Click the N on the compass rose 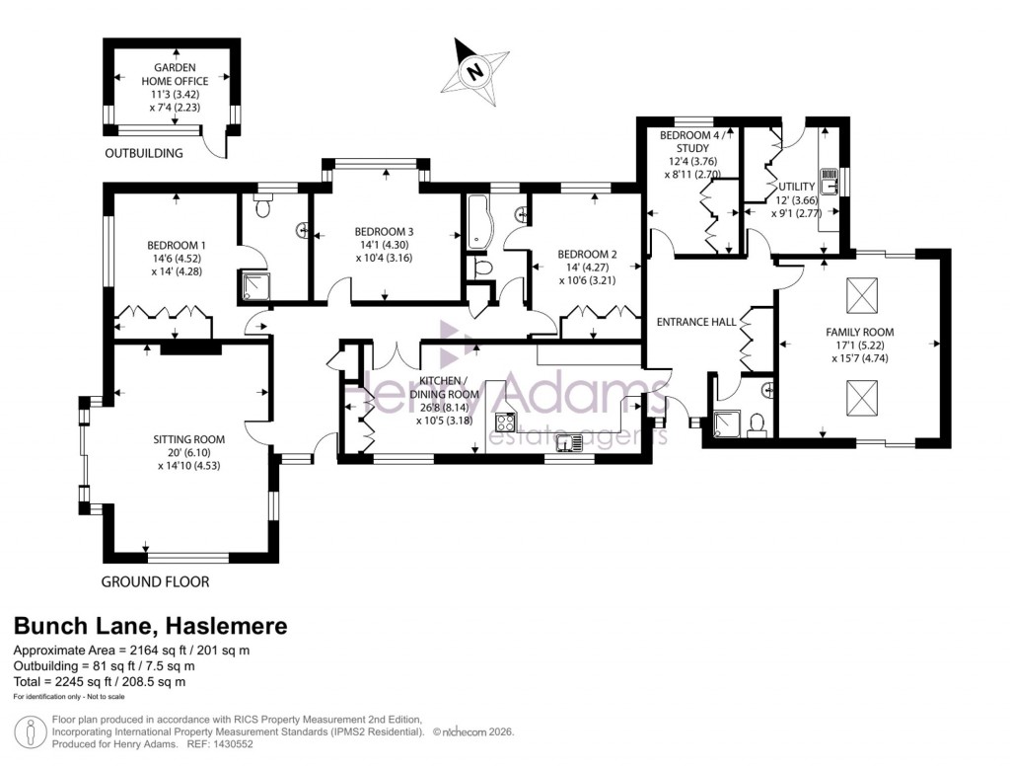pos(476,71)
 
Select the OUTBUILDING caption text pos(144,153)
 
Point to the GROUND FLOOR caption pos(156,581)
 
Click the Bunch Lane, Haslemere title pos(150,626)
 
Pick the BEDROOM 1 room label pos(177,246)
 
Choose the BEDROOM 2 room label pos(587,252)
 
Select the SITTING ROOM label pos(188,439)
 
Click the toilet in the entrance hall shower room pos(757,424)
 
